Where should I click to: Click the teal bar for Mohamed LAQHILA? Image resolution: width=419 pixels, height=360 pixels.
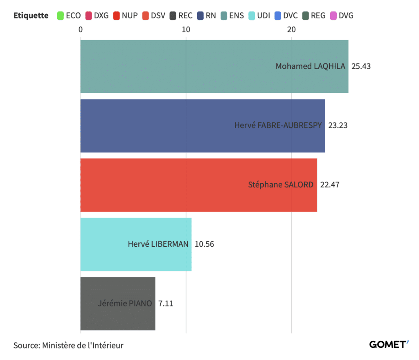214,67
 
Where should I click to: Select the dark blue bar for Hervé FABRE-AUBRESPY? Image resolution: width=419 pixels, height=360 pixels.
203,126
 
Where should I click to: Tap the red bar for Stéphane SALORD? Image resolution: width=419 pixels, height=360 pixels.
199,185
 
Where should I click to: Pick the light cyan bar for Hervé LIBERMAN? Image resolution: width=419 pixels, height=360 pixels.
136,244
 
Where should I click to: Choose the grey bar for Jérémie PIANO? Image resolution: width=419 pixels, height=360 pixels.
118,304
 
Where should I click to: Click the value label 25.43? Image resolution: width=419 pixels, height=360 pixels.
361,66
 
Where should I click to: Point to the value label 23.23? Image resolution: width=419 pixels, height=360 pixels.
338,126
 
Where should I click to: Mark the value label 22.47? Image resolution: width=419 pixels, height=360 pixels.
330,185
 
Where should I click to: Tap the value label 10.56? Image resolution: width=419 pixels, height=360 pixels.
205,244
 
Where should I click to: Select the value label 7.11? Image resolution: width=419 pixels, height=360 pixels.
166,304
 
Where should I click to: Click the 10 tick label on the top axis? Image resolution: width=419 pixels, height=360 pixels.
186,29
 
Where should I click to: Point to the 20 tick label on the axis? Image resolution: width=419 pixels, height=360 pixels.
291,29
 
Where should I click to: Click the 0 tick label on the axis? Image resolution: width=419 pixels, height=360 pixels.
81,29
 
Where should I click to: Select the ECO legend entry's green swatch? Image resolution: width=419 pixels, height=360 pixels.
61,16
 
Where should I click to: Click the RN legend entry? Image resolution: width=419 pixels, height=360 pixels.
207,16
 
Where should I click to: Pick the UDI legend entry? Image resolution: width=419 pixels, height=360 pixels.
259,16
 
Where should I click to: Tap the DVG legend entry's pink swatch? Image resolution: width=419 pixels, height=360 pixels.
333,16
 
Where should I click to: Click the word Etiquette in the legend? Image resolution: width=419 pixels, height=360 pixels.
31,16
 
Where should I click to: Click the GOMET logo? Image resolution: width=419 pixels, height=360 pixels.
389,344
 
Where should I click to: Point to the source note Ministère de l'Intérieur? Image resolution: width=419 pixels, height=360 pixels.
83,345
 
